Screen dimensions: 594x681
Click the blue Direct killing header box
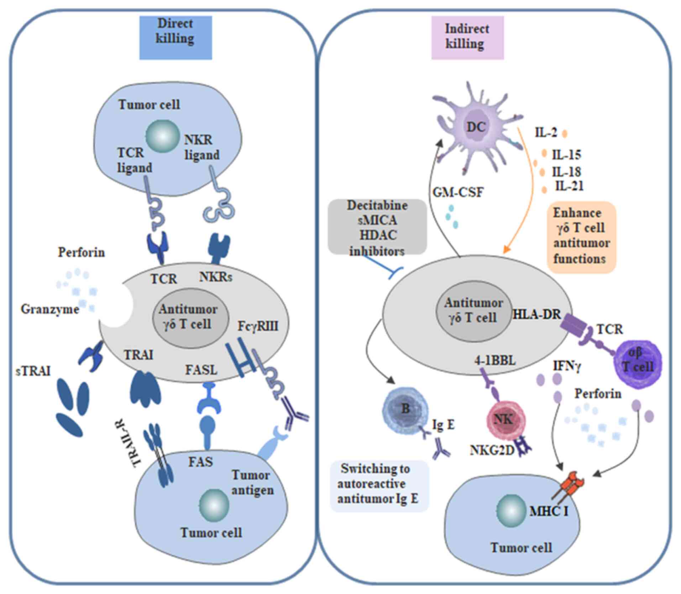click(176, 37)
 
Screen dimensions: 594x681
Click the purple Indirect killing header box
click(467, 37)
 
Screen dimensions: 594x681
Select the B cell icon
click(405, 409)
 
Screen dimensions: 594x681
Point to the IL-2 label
click(546, 133)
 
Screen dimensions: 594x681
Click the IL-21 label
click(569, 186)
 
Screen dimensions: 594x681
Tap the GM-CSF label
click(458, 193)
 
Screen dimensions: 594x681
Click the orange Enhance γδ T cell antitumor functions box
click(581, 237)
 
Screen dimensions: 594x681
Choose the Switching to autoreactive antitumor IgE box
click(379, 484)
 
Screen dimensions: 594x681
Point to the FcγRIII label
click(258, 326)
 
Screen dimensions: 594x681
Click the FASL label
click(201, 370)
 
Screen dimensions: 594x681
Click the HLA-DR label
click(536, 314)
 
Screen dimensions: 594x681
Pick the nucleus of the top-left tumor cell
click(162, 136)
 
